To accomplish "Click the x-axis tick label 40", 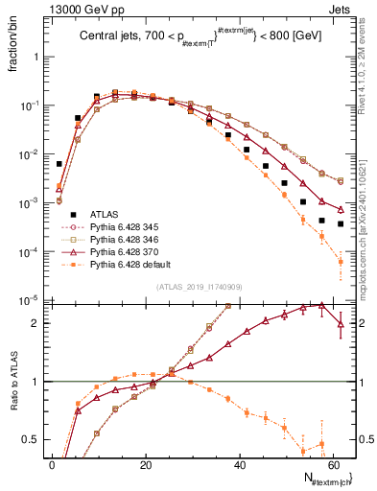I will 237,464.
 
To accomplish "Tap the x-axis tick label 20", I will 144,464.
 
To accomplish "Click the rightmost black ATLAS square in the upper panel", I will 341,223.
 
